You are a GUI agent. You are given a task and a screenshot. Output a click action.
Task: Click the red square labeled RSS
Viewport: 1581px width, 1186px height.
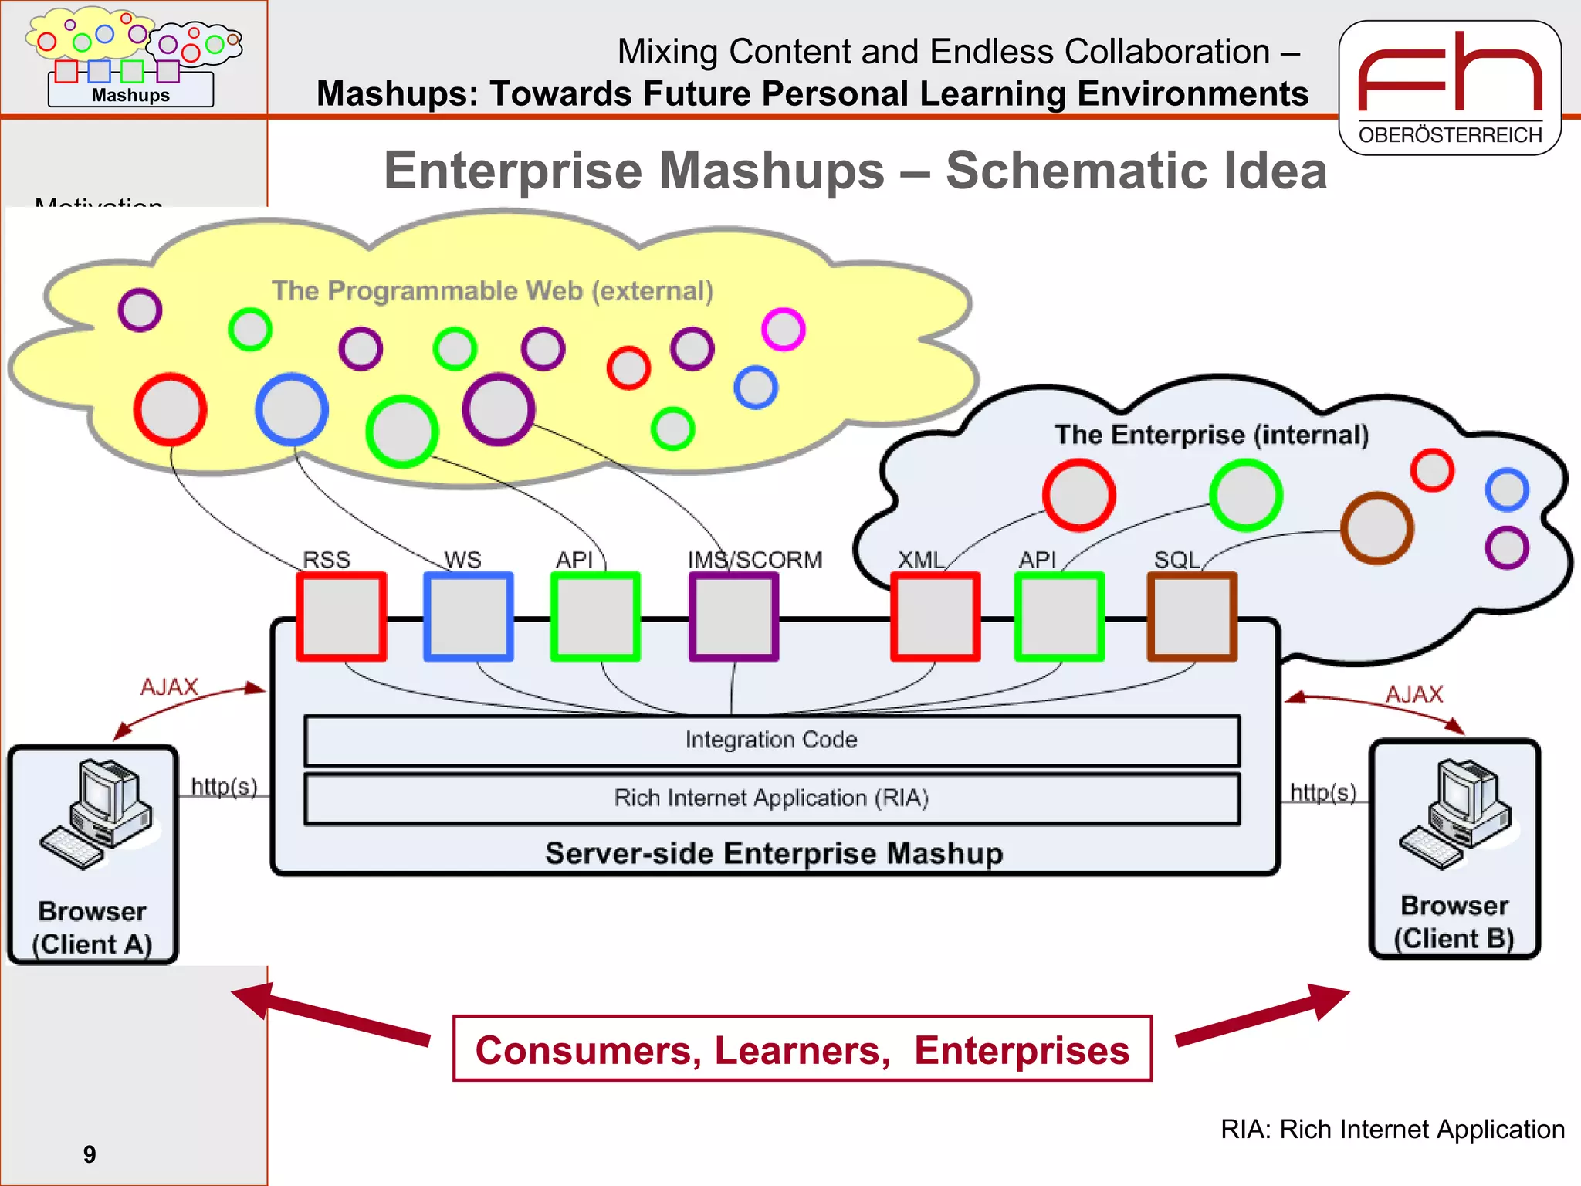click(x=341, y=616)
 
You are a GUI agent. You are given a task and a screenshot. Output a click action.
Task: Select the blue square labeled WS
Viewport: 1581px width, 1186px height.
click(x=469, y=616)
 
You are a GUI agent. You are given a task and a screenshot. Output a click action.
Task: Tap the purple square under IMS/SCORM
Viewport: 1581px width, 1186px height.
click(x=733, y=616)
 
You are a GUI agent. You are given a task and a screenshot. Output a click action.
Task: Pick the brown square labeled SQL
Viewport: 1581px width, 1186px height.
click(x=1192, y=616)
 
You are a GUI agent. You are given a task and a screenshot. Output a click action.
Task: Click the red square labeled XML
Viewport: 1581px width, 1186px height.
click(x=935, y=616)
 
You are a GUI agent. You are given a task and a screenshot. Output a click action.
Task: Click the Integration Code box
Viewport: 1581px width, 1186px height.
click(x=772, y=740)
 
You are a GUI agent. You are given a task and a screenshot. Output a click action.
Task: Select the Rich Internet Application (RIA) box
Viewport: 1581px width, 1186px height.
click(x=772, y=798)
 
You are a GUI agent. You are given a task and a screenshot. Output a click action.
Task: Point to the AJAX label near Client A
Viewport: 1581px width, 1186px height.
click(x=169, y=686)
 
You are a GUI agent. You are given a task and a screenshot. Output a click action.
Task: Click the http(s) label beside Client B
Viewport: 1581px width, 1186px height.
click(x=1323, y=792)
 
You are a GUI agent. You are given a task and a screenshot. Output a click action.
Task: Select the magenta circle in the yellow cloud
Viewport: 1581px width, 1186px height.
click(x=783, y=330)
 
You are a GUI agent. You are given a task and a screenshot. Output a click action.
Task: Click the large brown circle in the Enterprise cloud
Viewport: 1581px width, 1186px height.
click(x=1376, y=528)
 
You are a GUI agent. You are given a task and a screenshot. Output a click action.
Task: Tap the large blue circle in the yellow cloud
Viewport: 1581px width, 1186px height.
click(x=292, y=409)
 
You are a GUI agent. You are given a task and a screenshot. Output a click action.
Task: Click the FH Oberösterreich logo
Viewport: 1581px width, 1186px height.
click(x=1450, y=88)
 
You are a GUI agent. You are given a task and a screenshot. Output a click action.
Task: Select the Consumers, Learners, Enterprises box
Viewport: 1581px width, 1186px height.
click(x=802, y=1049)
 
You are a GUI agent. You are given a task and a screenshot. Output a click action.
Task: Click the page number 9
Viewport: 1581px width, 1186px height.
click(x=90, y=1154)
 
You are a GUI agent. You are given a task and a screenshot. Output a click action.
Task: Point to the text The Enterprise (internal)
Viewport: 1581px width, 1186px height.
click(x=1211, y=435)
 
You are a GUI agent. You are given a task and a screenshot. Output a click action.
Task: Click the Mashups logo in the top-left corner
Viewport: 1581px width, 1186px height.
click(x=131, y=57)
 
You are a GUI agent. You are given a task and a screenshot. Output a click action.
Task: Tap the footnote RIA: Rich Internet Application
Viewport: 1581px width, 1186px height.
click(x=1392, y=1129)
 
